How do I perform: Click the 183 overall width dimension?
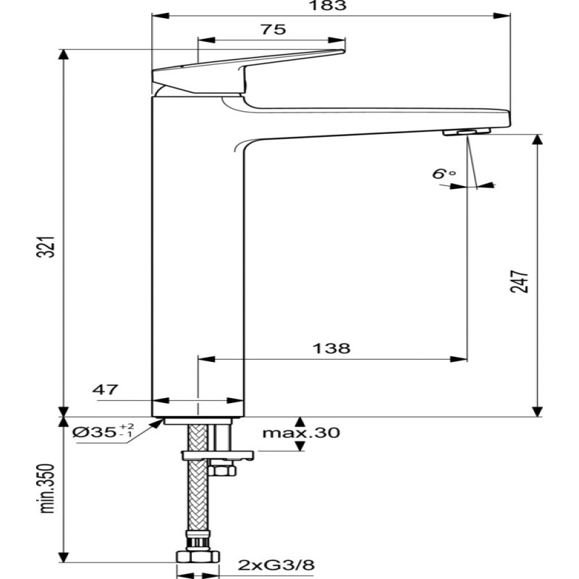point(328,6)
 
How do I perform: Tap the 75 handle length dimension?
point(274,30)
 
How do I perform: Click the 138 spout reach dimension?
point(331,348)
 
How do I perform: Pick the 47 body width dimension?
point(105,389)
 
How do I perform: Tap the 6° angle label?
point(444,173)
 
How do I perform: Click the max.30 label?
point(301,432)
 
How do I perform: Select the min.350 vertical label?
point(47,488)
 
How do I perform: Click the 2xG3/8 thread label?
point(276,565)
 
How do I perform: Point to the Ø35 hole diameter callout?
point(102,431)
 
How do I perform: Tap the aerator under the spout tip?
point(467,132)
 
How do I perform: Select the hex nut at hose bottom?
point(198,557)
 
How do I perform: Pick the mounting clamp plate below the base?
point(218,455)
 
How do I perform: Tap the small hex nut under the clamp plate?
point(221,470)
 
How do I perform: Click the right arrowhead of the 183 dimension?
point(502,16)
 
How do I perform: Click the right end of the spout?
point(510,118)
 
